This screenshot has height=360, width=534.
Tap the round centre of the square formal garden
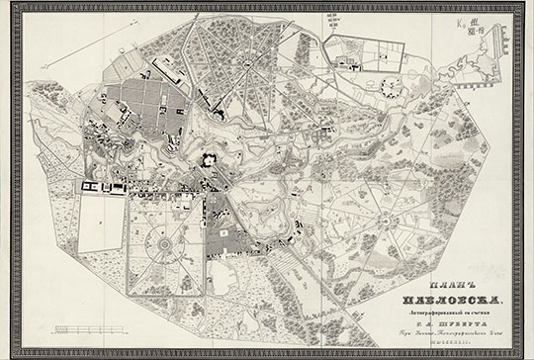coord(163,241)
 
